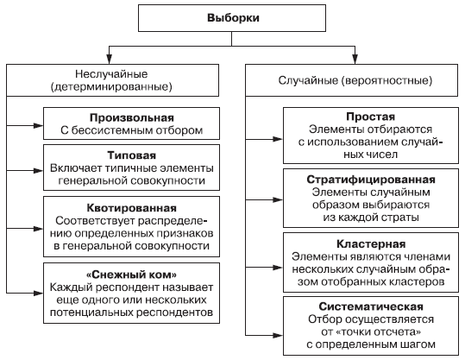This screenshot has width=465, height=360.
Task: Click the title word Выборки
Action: click(x=233, y=18)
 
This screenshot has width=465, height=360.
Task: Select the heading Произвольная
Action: click(x=132, y=117)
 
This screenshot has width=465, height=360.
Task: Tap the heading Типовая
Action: click(x=131, y=155)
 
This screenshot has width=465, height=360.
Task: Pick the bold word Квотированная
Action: click(x=132, y=208)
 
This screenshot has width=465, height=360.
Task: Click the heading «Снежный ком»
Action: click(x=131, y=275)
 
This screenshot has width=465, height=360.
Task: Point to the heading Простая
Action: click(x=371, y=117)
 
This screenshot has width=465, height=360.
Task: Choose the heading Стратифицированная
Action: click(x=371, y=180)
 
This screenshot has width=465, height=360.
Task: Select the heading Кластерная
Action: click(x=371, y=244)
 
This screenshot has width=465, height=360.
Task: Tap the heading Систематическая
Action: click(x=371, y=306)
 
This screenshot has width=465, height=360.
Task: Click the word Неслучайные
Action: click(x=111, y=74)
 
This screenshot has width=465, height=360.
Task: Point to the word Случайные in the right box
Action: click(x=308, y=80)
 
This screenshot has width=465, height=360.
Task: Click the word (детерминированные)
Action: click(x=111, y=87)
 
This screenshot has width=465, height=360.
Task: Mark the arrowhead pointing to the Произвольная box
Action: click(x=39, y=125)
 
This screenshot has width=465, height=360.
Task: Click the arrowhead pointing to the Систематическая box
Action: click(x=278, y=336)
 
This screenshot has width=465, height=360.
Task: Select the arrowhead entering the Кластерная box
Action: click(x=278, y=268)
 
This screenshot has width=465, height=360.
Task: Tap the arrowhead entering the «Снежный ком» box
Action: click(x=39, y=294)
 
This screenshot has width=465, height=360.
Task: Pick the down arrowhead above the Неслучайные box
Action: click(x=110, y=59)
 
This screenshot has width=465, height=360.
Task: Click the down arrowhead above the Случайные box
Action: click(x=355, y=59)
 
